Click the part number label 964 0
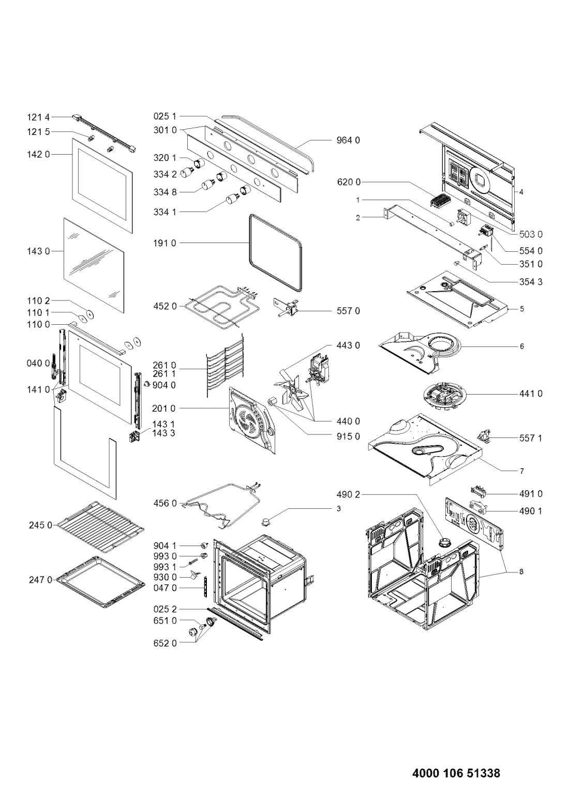(348, 140)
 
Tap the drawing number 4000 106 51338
(456, 771)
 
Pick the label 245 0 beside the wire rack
(40, 525)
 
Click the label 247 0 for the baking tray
(40, 580)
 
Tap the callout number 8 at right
(521, 572)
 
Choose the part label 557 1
(530, 438)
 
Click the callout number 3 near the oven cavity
(339, 508)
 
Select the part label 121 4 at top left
(39, 117)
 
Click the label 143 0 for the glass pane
(39, 251)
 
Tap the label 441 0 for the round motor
(530, 394)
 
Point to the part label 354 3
(530, 282)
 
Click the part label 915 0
(348, 436)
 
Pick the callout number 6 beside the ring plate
(522, 346)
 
